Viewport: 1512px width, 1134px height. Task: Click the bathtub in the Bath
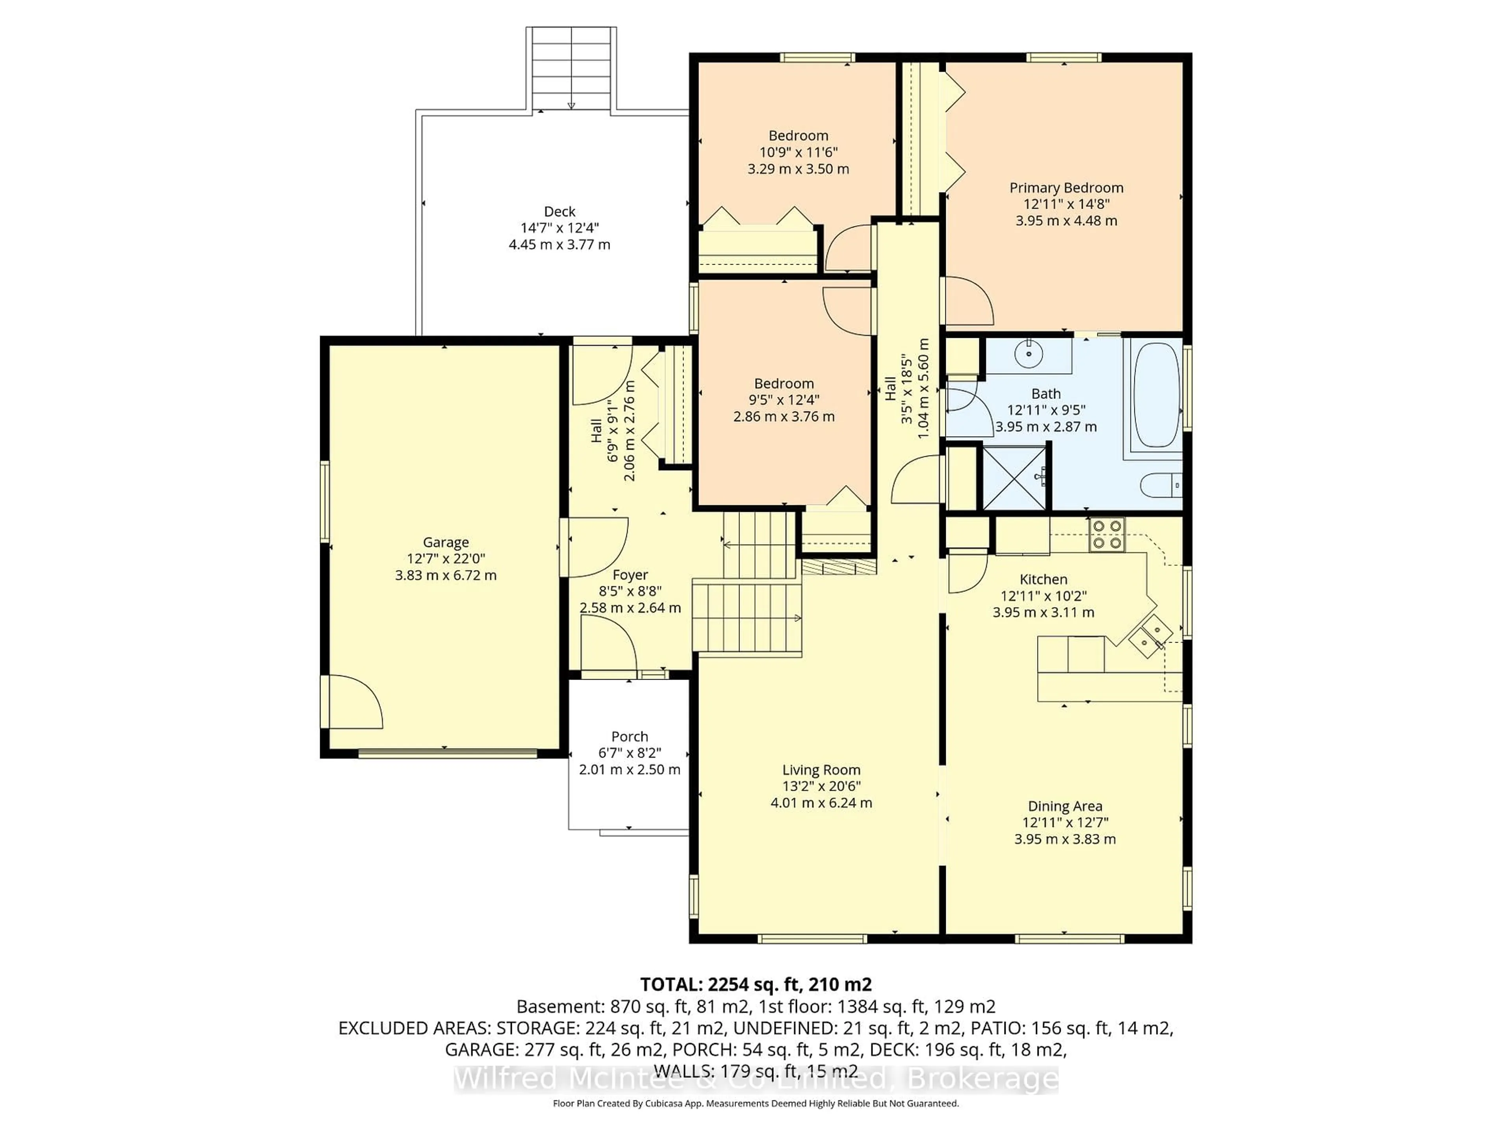(x=1156, y=395)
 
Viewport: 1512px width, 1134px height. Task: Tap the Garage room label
(x=446, y=542)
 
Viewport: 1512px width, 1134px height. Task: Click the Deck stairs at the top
(x=571, y=69)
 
